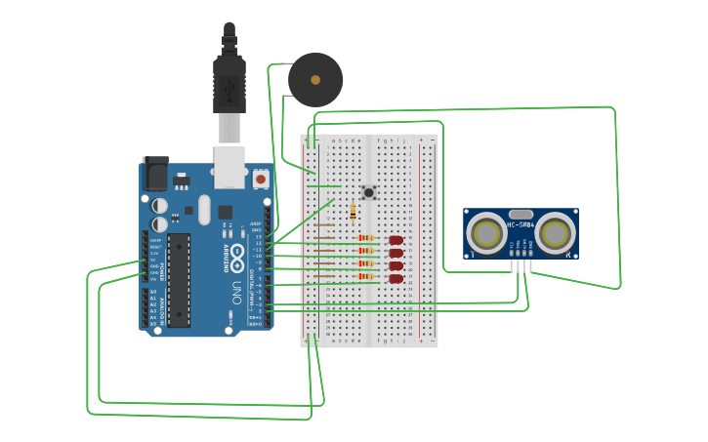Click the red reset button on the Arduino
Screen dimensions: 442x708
click(261, 180)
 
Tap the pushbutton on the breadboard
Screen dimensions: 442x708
click(369, 192)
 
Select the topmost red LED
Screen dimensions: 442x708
click(396, 240)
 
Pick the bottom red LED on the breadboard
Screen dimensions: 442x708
click(396, 279)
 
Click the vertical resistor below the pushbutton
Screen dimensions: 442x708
click(353, 212)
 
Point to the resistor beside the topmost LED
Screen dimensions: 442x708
click(365, 238)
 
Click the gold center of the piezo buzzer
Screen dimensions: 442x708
click(315, 80)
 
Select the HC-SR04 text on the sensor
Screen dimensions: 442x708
click(521, 227)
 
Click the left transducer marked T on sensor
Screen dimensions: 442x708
click(485, 233)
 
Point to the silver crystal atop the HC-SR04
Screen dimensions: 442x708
click(521, 214)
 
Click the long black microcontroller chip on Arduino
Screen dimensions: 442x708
click(179, 279)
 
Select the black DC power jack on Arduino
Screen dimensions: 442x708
click(155, 175)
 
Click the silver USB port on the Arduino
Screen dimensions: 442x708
click(229, 167)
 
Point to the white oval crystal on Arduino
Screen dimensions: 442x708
click(204, 209)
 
